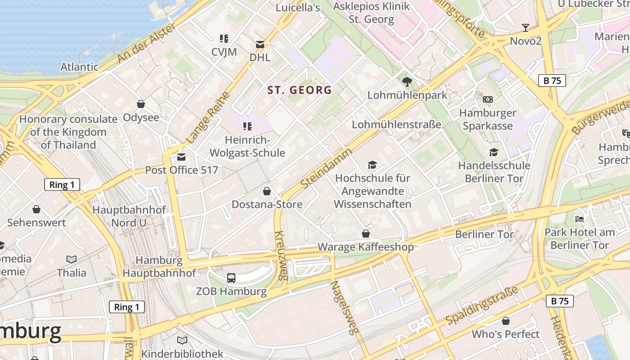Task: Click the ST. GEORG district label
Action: pyautogui.click(x=300, y=90)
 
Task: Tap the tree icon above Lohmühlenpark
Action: pyautogui.click(x=407, y=82)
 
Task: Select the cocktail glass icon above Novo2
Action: pyautogui.click(x=525, y=28)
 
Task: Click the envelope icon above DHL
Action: pyautogui.click(x=260, y=45)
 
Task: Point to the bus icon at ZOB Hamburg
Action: pyautogui.click(x=231, y=278)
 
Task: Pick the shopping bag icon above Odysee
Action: pyautogui.click(x=141, y=104)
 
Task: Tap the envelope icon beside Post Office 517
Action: pyautogui.click(x=181, y=157)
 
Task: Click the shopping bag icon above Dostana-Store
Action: pyautogui.click(x=267, y=192)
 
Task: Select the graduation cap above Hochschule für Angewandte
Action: pyautogui.click(x=372, y=165)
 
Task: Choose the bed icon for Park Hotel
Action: pyautogui.click(x=580, y=220)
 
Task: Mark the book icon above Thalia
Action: pyautogui.click(x=72, y=259)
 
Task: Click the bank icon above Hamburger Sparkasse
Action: pyautogui.click(x=488, y=99)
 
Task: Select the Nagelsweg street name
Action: pyautogui.click(x=345, y=308)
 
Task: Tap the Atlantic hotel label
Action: pyautogui.click(x=79, y=67)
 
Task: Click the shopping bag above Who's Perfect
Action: pyautogui.click(x=506, y=321)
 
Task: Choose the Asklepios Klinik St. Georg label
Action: pyautogui.click(x=372, y=13)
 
